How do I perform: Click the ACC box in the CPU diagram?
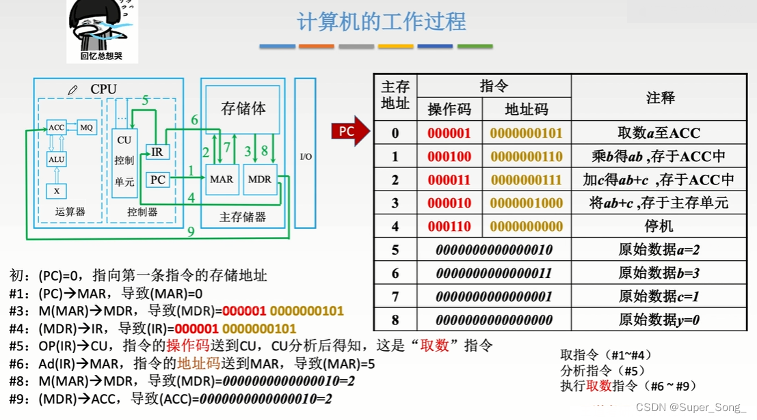(x=56, y=128)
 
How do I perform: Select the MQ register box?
(x=86, y=128)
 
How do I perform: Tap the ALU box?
(x=56, y=159)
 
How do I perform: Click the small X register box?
(x=56, y=191)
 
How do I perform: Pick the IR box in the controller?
(x=157, y=153)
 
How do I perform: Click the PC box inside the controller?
(x=158, y=180)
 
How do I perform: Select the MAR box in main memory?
(x=222, y=180)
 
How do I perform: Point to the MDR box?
(x=260, y=180)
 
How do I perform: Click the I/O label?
(x=306, y=157)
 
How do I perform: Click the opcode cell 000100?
(x=449, y=156)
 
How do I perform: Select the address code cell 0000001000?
(x=526, y=203)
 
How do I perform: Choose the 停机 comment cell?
(x=659, y=226)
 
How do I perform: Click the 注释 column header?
(x=660, y=98)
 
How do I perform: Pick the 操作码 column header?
(x=449, y=109)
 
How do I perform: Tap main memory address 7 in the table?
(x=395, y=296)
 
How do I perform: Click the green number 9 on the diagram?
(x=191, y=232)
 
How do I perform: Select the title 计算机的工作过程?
(x=381, y=21)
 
